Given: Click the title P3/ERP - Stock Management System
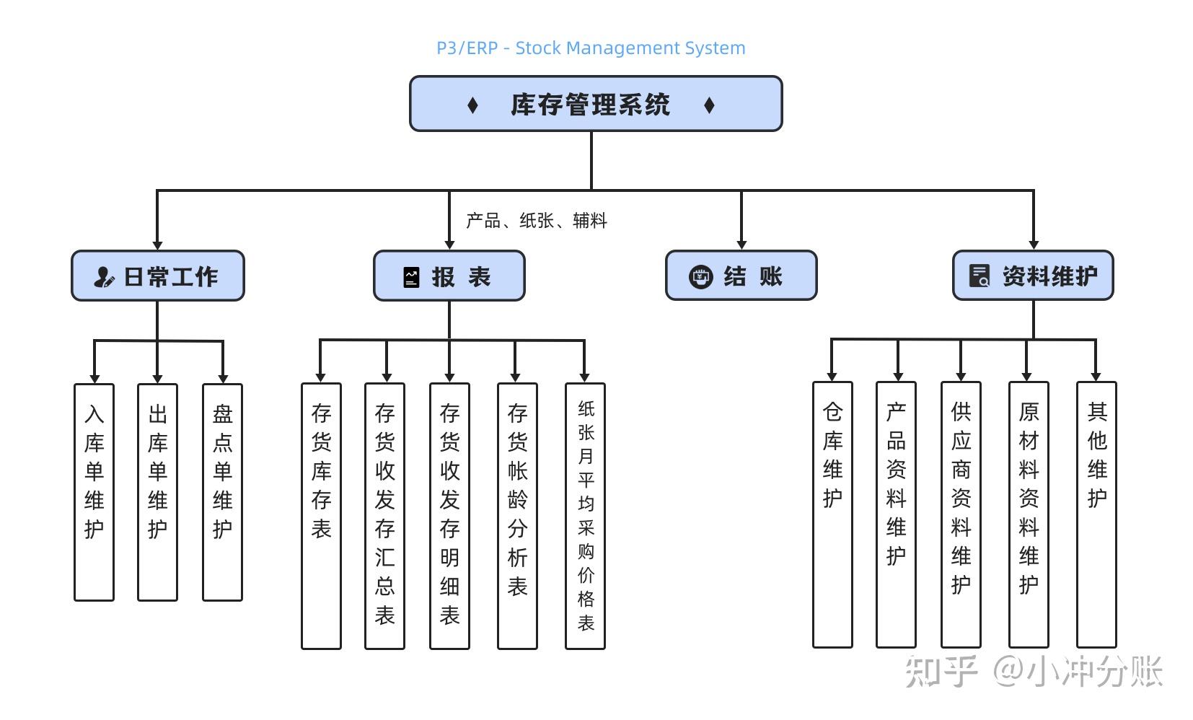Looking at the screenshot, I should (591, 48).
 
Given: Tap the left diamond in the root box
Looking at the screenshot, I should (472, 105).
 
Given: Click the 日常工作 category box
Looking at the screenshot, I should (157, 276).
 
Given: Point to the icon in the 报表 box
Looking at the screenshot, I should (411, 277).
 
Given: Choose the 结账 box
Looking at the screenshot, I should (741, 276).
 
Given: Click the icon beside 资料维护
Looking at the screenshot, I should (979, 276).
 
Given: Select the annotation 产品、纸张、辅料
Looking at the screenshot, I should (536, 221).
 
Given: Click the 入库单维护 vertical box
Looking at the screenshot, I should (94, 492).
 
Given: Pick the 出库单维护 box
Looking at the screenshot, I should (157, 492).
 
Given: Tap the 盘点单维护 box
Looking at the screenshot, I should (222, 492).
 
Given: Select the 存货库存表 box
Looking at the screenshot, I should (321, 516).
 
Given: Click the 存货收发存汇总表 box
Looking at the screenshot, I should (384, 516).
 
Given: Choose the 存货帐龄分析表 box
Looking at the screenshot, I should (517, 516).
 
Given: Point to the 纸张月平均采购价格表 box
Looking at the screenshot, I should (585, 516).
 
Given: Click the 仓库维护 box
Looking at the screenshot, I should (832, 514).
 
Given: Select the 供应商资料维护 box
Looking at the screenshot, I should (961, 514).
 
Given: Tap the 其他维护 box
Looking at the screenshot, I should (1096, 514).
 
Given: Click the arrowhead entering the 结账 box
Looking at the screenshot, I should (741, 245).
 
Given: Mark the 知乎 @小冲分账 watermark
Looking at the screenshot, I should (1033, 671).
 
